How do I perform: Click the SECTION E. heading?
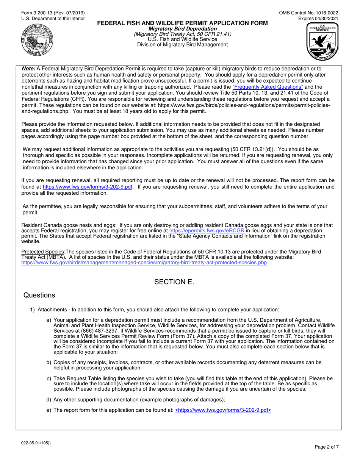(x=174, y=282)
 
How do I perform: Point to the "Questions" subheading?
(x=39, y=296)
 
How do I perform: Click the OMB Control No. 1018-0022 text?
(x=308, y=13)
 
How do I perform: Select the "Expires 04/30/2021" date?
(x=318, y=18)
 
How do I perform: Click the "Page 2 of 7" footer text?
(x=327, y=447)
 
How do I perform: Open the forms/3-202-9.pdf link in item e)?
(x=223, y=410)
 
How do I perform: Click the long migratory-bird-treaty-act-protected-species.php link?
(x=144, y=262)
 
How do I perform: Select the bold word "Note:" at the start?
(x=28, y=69)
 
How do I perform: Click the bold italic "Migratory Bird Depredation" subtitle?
(x=183, y=29)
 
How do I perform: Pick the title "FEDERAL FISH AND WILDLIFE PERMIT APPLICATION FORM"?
(x=183, y=23)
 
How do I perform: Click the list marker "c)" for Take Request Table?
(x=49, y=378)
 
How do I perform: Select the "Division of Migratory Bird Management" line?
(x=183, y=45)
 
